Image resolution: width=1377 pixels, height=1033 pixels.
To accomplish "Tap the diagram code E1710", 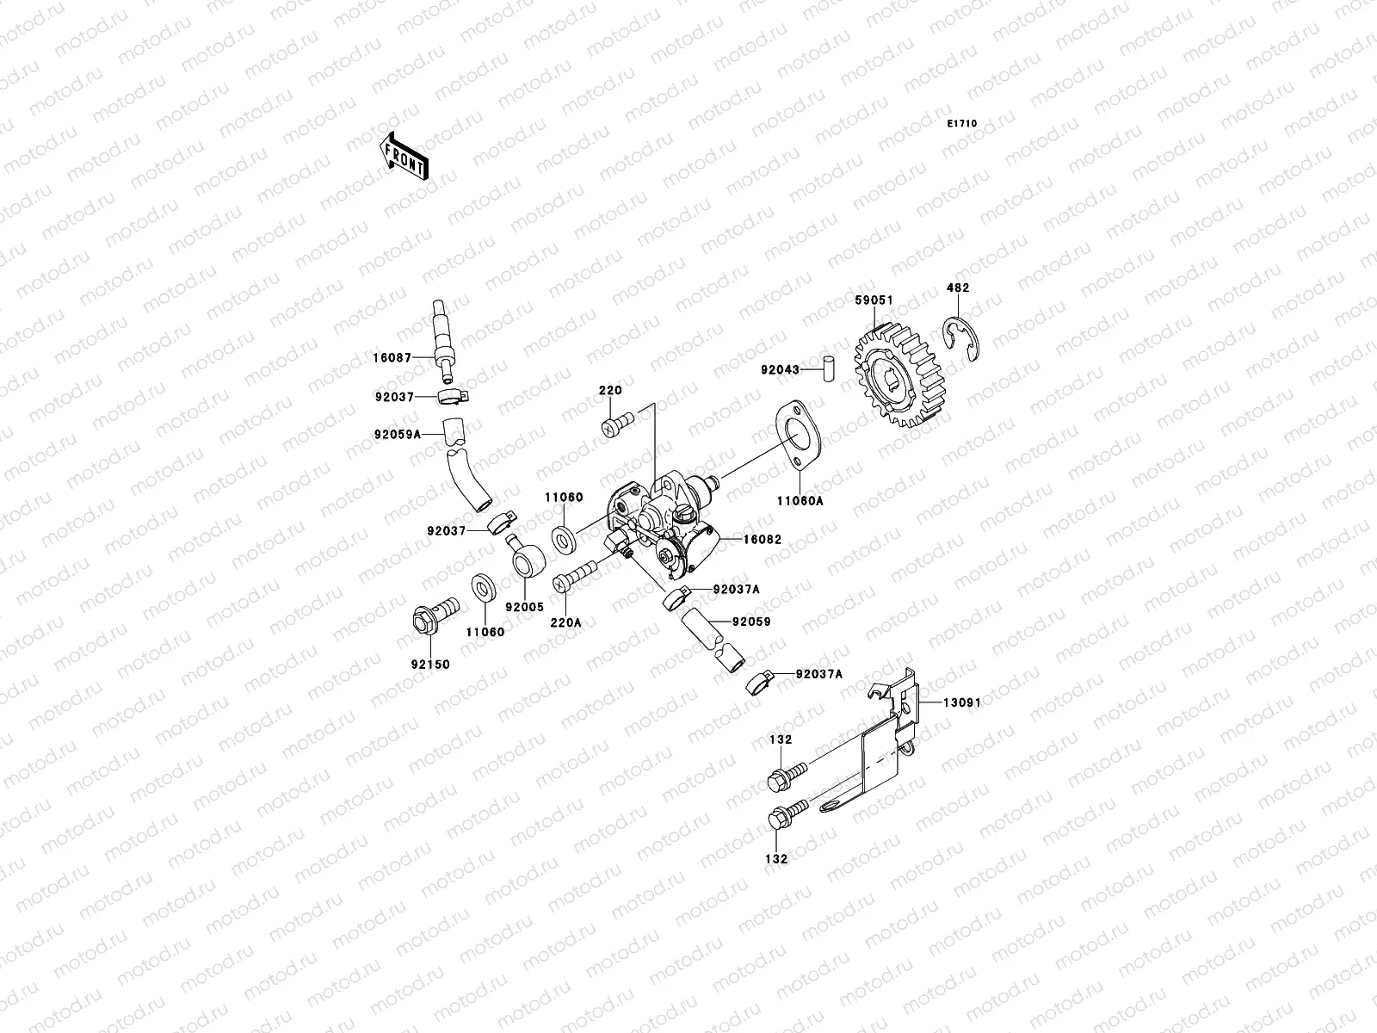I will tap(962, 124).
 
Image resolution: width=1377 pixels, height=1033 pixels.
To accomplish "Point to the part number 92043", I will tap(780, 370).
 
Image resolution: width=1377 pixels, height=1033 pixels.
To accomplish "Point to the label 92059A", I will tap(397, 435).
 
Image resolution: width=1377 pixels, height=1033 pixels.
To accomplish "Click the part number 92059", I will tap(751, 622).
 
